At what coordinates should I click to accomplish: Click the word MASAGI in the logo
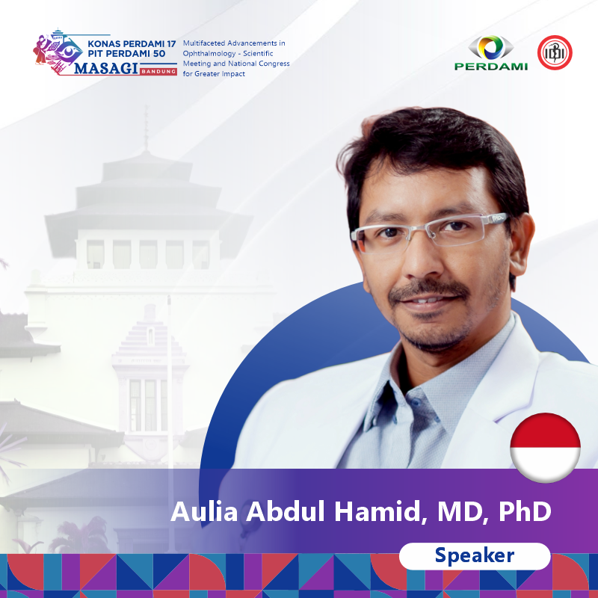point(105,69)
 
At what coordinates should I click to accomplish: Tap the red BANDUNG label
point(158,71)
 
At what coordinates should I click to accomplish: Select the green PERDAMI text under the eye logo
point(491,67)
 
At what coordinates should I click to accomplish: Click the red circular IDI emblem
point(555,52)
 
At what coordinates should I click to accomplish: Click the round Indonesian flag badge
point(546,448)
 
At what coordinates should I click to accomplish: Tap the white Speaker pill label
point(475,556)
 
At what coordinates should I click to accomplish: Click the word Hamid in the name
point(377,511)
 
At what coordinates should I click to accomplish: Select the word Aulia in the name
point(204,511)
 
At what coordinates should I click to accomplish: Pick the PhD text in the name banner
point(525,511)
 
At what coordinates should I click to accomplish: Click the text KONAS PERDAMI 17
point(132,44)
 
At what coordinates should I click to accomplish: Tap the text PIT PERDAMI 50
point(126,54)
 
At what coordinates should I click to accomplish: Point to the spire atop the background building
point(146,128)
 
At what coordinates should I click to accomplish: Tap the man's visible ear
point(520,244)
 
